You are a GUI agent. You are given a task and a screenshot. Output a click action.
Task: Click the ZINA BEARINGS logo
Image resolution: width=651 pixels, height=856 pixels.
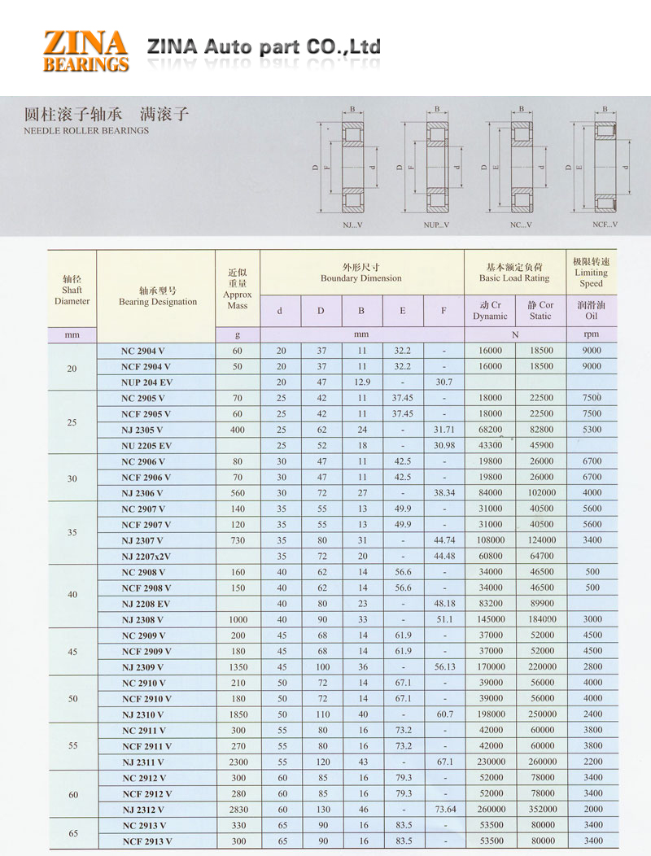tap(85, 50)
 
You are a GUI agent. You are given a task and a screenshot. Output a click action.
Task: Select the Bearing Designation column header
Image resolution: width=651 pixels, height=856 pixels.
tap(157, 296)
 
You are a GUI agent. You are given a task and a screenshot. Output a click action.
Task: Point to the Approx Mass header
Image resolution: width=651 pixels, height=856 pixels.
tap(238, 289)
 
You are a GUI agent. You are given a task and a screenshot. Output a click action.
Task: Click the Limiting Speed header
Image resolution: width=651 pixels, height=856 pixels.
tap(591, 273)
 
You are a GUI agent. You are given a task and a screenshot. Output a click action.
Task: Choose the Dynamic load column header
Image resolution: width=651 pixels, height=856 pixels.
tap(490, 310)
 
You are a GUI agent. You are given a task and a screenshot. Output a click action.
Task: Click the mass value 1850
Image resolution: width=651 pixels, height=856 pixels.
tap(238, 714)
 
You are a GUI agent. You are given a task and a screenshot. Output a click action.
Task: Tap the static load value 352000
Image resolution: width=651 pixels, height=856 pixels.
tap(540, 810)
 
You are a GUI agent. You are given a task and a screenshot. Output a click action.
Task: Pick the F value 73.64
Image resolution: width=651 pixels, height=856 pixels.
tap(444, 810)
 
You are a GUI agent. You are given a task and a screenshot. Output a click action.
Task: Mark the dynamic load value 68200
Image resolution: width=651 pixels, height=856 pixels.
tap(491, 430)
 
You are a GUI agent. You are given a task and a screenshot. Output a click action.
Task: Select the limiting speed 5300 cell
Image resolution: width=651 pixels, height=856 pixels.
tap(592, 430)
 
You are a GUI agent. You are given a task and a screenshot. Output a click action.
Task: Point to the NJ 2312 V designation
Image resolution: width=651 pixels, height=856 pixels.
tap(143, 810)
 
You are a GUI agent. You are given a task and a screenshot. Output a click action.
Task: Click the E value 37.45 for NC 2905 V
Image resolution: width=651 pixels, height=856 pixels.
tap(402, 398)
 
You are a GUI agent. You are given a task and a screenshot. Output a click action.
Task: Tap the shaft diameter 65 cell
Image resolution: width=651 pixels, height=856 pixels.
tap(72, 833)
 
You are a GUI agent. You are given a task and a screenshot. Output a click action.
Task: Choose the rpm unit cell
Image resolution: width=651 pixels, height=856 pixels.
tap(592, 334)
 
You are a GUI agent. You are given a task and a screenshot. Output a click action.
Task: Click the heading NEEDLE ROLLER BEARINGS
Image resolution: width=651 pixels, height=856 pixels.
tap(86, 130)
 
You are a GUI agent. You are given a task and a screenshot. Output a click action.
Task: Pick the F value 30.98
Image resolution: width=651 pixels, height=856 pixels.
tap(444, 446)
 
